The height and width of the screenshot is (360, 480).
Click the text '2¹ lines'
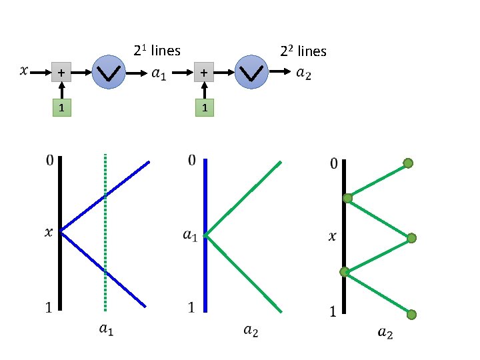[157, 50]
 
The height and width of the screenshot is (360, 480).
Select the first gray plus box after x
[61, 73]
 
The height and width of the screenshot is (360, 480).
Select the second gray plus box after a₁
[204, 73]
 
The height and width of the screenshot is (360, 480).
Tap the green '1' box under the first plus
[61, 107]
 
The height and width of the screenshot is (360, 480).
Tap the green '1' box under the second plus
[204, 107]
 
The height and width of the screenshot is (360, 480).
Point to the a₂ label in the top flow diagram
[303, 73]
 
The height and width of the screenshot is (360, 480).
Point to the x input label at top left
[25, 69]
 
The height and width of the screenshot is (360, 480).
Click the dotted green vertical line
[105, 233]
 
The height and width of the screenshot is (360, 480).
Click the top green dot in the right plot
[409, 163]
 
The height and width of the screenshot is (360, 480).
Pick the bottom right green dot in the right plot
[411, 315]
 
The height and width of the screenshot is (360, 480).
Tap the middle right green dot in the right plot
[411, 238]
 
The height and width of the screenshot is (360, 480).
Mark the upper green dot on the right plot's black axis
[347, 198]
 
